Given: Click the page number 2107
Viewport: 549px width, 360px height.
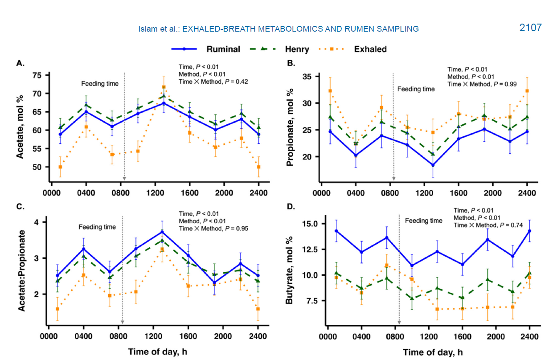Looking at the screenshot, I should (530, 28).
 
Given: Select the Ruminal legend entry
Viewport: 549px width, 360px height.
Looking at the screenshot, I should (223, 49).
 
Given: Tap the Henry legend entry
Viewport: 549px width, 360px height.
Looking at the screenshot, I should (297, 49).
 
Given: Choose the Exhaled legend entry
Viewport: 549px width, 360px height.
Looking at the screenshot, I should (370, 49).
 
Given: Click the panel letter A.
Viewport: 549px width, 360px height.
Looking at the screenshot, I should (20, 63).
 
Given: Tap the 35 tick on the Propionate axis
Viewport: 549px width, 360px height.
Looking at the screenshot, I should (308, 77).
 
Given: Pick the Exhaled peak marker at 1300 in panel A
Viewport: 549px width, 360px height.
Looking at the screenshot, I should (164, 87).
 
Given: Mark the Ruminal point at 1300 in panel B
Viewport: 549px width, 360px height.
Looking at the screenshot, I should (432, 165).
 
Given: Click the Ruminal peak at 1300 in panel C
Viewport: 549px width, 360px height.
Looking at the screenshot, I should (162, 232).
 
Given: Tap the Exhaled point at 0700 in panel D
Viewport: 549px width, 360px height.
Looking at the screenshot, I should (386, 266).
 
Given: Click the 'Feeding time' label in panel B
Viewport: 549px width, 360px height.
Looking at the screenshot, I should (416, 89).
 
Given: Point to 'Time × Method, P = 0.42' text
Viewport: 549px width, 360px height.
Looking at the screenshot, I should (213, 82).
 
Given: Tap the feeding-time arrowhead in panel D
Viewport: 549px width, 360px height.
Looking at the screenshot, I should (399, 322).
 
